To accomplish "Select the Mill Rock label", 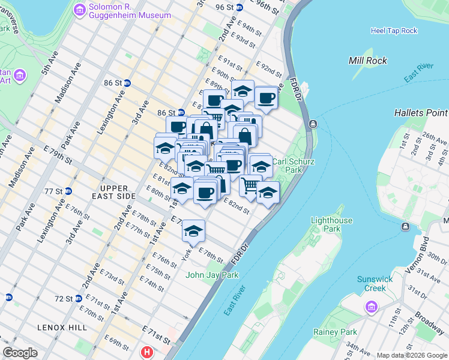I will [x=367, y=61].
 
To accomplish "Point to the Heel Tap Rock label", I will [x=394, y=31].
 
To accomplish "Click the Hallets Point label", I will [x=421, y=113].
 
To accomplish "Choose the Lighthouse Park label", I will [x=331, y=224].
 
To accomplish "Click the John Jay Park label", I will [x=212, y=275].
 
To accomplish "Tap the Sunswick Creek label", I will [x=374, y=283].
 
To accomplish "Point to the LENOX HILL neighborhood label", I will [x=63, y=327].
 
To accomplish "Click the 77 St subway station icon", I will [x=68, y=191].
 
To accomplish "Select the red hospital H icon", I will [x=146, y=352].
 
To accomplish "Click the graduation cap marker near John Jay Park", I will [x=193, y=231].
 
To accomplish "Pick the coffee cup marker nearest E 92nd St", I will [x=266, y=98].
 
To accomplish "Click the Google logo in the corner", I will [x=20, y=353].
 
